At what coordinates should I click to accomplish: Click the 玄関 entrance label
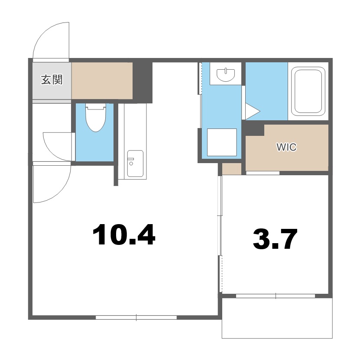coord(52,80)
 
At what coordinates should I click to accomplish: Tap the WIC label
coord(286,147)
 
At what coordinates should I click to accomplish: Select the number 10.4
coord(123,234)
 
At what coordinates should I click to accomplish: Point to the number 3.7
coord(275,239)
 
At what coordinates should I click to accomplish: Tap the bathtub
coord(308,91)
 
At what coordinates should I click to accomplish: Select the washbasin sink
coord(226,74)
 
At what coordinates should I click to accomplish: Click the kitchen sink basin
coord(135,164)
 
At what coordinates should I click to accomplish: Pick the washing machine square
coord(222,142)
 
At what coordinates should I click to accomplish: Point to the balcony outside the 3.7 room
coord(277,318)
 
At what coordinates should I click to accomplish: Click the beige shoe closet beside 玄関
coord(102,80)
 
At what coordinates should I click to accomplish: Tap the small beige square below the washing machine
coord(232,169)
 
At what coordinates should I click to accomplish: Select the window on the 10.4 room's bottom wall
coord(136,318)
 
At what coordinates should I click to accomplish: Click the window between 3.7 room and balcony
coord(276,296)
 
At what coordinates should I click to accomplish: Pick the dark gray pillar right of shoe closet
coord(143,83)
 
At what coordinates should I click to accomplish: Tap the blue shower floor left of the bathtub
coord(266,91)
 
